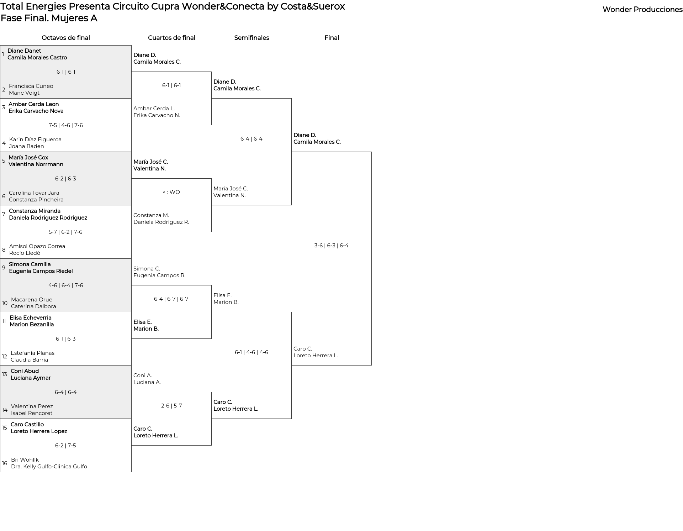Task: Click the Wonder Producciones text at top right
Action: (642, 10)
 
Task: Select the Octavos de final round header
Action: (66, 38)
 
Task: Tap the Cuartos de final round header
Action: (171, 38)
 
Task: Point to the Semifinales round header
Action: (252, 38)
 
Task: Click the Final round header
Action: (332, 38)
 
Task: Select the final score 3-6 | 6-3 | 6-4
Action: (331, 246)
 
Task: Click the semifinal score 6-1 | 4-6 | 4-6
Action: (252, 352)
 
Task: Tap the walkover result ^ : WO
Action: (171, 192)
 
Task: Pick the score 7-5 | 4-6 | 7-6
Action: (66, 125)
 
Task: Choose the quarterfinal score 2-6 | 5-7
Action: (171, 406)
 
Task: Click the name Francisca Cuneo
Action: (31, 86)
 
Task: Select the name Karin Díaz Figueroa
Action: (35, 140)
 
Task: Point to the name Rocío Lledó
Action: (25, 253)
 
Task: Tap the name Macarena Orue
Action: (32, 300)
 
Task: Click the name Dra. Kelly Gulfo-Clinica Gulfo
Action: (49, 467)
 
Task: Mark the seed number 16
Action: (5, 463)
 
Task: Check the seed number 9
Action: (4, 268)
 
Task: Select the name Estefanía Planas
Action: (32, 353)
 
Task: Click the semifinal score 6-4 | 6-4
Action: (252, 139)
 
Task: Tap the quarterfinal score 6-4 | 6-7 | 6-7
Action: (171, 299)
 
